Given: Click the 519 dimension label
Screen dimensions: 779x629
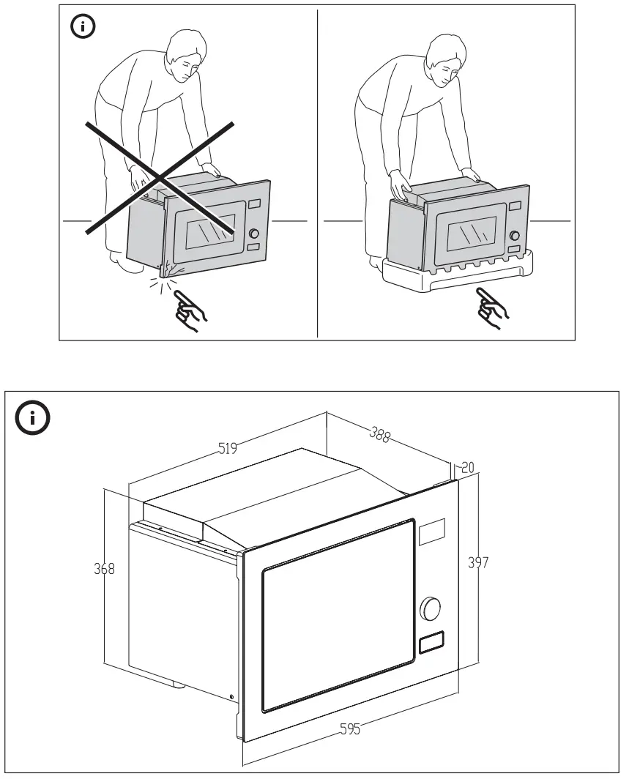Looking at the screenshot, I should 228,449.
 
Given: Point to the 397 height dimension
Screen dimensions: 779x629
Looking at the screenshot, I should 478,562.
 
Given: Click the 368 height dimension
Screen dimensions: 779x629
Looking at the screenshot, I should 105,568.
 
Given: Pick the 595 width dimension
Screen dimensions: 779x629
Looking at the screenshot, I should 350,729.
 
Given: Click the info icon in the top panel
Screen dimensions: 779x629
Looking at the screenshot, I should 82,28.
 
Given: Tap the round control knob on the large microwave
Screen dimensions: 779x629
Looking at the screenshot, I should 431,608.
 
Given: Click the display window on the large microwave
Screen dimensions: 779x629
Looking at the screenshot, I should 431,532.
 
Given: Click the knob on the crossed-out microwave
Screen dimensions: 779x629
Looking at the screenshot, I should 254,234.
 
